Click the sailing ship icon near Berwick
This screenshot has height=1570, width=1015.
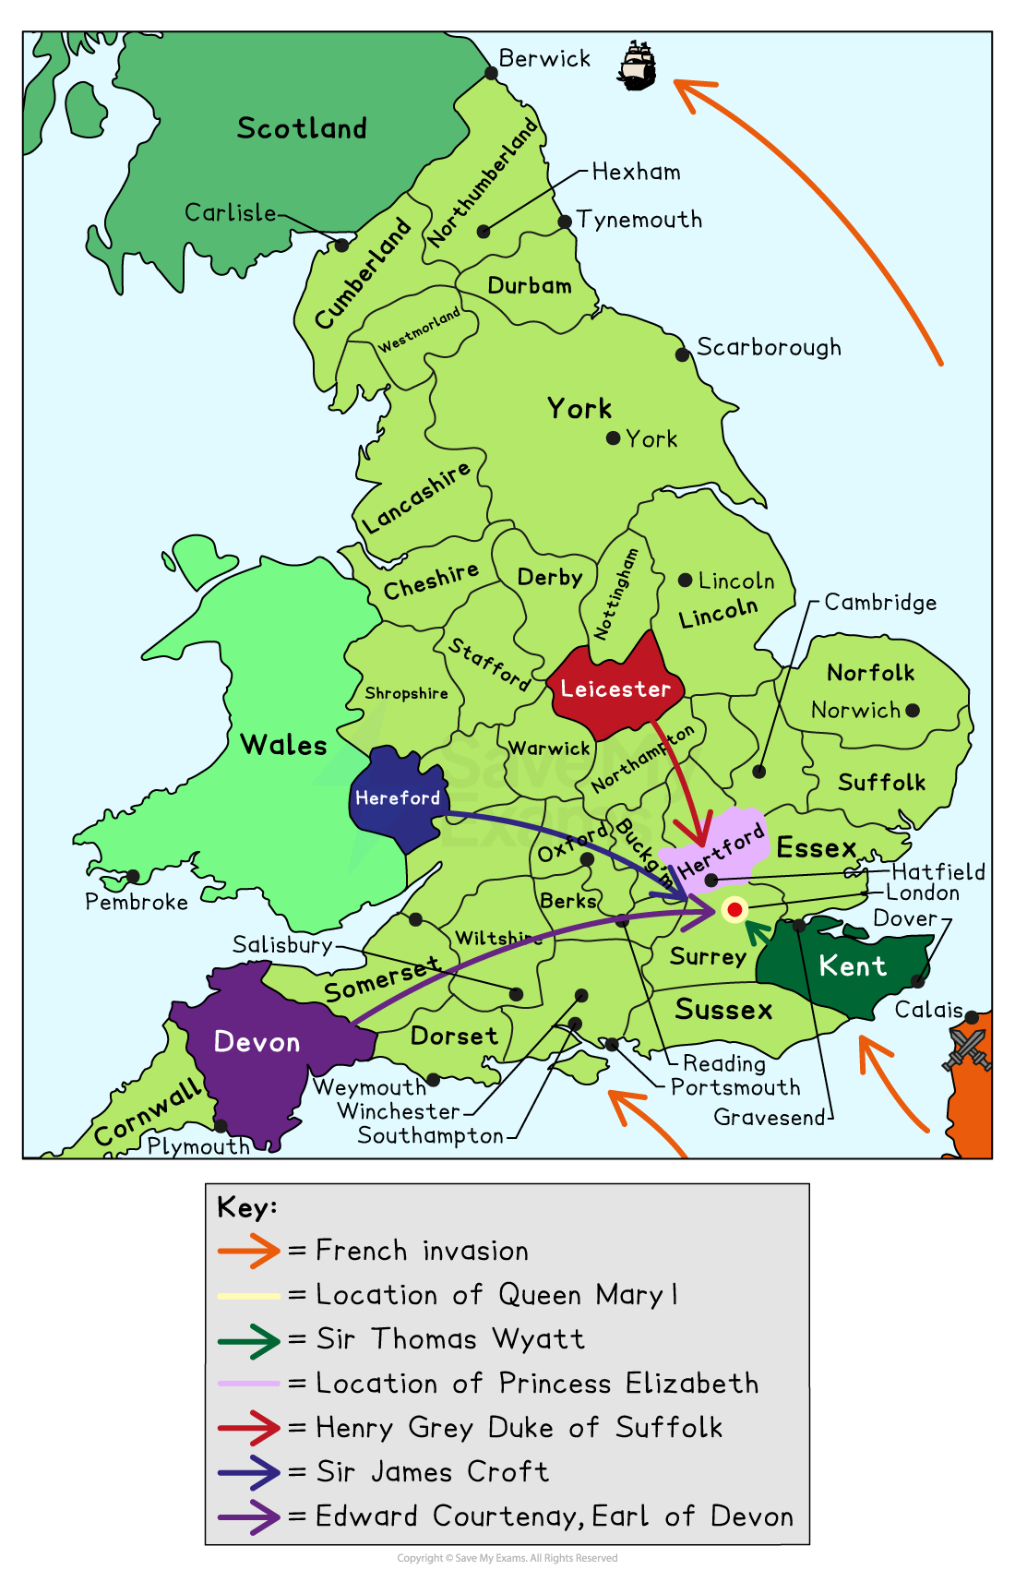[x=638, y=66]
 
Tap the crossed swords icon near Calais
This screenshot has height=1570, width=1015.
[x=967, y=1049]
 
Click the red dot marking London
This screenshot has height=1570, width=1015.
[x=734, y=910]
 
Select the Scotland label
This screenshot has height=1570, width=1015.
[x=302, y=128]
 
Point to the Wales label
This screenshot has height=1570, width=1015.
[x=283, y=745]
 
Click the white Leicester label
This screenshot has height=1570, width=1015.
[x=615, y=689]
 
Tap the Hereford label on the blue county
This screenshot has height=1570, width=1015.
[x=398, y=797]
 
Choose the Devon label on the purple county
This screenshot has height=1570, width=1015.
[x=257, y=1042]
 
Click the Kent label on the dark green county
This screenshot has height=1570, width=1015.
[x=853, y=966]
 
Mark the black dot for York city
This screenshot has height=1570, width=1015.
[x=613, y=438]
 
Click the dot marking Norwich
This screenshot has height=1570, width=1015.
[x=913, y=710]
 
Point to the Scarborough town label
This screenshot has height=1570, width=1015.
[x=769, y=347]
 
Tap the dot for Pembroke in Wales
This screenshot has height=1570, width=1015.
[x=133, y=877]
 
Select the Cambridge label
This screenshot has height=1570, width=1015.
[x=880, y=603]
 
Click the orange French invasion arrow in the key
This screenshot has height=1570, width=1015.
[x=249, y=1251]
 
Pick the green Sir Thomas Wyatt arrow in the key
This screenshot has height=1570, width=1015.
[x=249, y=1340]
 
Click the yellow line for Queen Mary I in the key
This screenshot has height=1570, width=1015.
[x=249, y=1296]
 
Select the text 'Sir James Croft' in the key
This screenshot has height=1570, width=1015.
[x=432, y=1471]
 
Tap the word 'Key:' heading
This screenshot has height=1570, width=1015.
[x=246, y=1207]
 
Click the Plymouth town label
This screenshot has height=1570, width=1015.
[x=198, y=1146]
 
